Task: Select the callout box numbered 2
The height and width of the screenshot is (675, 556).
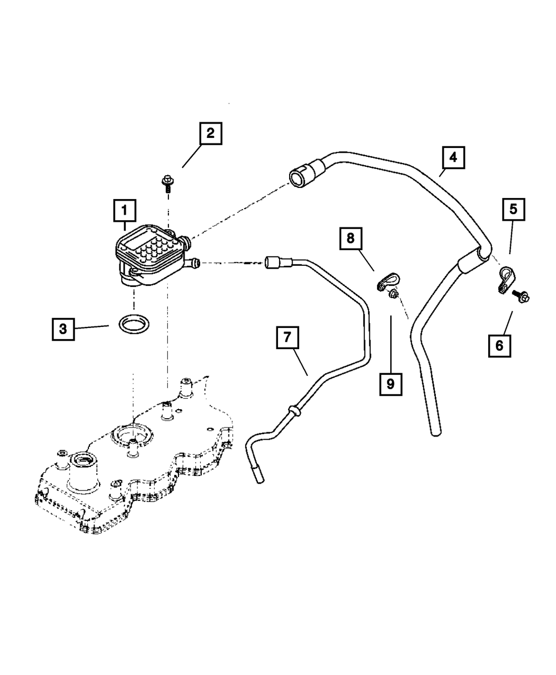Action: pyautogui.click(x=210, y=133)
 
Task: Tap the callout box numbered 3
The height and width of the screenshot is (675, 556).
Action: pyautogui.click(x=63, y=328)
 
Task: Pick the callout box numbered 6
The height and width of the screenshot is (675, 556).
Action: pyautogui.click(x=499, y=345)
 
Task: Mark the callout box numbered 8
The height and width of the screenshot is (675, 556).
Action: pyautogui.click(x=350, y=239)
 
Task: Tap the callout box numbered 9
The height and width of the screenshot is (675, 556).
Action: pyautogui.click(x=390, y=384)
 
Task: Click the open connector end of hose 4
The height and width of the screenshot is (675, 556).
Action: pyautogui.click(x=297, y=177)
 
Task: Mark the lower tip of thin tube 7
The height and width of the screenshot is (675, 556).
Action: pyautogui.click(x=257, y=476)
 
